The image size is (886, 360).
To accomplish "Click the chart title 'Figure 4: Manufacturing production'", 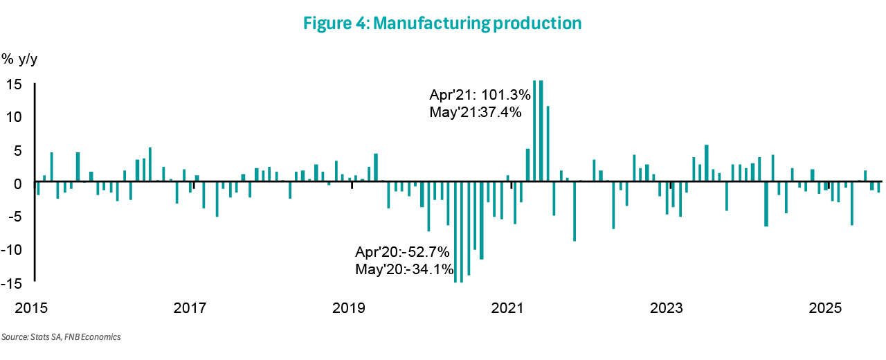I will click(442, 23).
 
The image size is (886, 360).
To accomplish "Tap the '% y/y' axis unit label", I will click(20, 59).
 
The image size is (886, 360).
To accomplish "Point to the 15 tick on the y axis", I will click(15, 84).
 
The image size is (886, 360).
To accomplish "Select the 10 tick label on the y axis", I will click(15, 117).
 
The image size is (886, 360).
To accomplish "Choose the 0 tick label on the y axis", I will click(19, 183).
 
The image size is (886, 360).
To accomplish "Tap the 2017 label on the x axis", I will click(192, 307).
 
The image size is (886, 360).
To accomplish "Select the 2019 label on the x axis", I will click(350, 307).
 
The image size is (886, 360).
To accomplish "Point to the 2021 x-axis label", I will click(509, 307).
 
